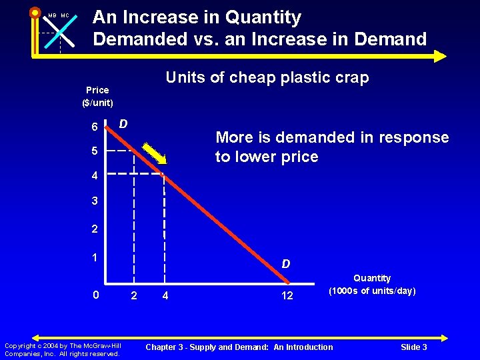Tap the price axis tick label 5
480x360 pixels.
(x=95, y=151)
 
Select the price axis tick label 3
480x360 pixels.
(x=95, y=201)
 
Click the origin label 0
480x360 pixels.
(x=96, y=295)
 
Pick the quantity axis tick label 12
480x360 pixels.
(x=287, y=295)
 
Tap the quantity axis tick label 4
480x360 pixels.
(x=164, y=295)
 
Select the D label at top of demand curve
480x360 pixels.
(x=123, y=123)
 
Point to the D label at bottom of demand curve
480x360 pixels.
(x=285, y=264)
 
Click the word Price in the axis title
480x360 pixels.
(x=97, y=90)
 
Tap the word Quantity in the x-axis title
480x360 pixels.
(x=372, y=278)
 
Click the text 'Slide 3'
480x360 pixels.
(x=414, y=347)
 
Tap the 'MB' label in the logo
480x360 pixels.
(x=52, y=16)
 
